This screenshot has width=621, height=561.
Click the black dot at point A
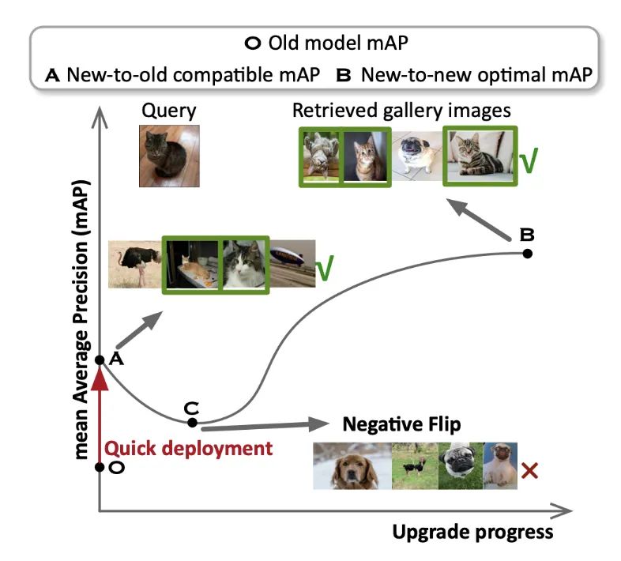[x=99, y=360]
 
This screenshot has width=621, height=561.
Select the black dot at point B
[x=527, y=253]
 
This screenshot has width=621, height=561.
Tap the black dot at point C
[x=191, y=423]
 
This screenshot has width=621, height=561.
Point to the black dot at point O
[x=99, y=467]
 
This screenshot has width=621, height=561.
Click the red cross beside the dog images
[x=530, y=472]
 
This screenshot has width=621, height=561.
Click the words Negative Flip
[x=401, y=424]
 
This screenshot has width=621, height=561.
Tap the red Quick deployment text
[x=189, y=449]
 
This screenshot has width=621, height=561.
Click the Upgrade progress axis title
[x=472, y=532]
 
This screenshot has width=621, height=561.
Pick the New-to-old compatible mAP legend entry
[x=183, y=75]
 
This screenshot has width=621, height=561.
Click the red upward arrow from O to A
[x=99, y=411]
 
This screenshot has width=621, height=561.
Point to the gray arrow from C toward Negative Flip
[x=261, y=424]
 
